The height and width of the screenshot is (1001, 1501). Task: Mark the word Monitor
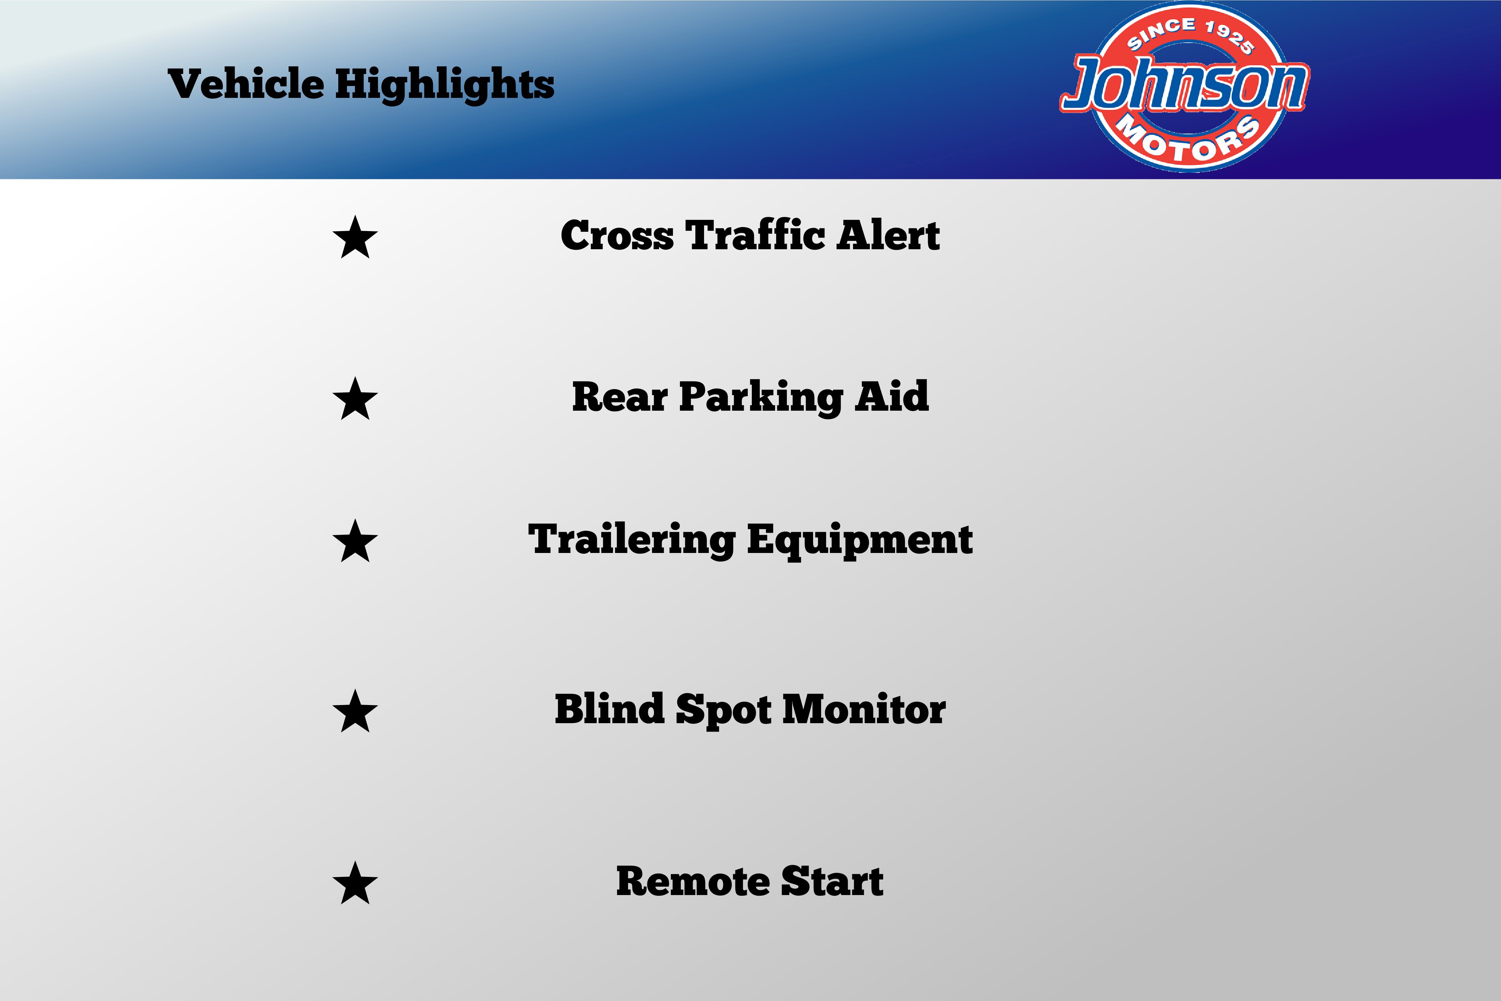(x=864, y=709)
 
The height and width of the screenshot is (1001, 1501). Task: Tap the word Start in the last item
(x=833, y=882)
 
